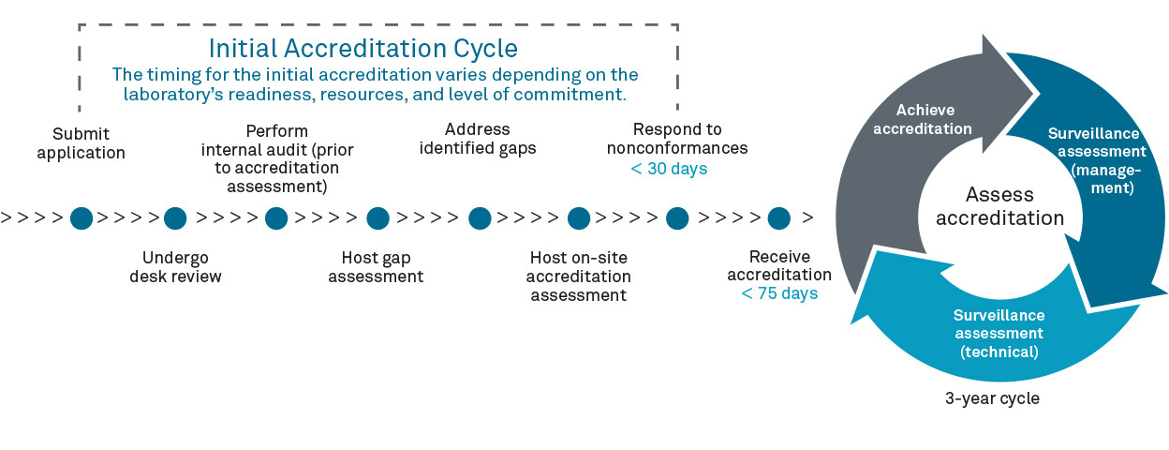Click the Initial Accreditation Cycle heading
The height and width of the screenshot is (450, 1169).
point(363,48)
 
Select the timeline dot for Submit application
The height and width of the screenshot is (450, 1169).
point(81,218)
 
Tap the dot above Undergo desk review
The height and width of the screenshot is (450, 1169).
point(175,218)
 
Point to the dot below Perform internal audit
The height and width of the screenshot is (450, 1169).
point(276,218)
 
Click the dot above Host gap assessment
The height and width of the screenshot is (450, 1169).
point(377,218)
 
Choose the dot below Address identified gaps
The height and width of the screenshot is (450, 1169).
point(480,218)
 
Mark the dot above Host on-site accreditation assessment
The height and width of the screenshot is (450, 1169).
point(579,218)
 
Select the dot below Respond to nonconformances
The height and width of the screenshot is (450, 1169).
point(677,218)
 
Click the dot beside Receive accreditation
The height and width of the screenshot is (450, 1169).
point(779,218)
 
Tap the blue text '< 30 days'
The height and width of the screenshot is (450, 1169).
point(669,169)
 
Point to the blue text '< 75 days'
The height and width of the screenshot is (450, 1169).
point(779,293)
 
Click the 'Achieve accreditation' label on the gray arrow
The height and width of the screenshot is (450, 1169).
point(923,119)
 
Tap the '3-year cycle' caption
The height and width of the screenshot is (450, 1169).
point(992,398)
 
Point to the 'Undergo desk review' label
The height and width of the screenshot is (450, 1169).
point(175,267)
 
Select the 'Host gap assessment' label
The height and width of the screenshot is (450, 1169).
point(376,267)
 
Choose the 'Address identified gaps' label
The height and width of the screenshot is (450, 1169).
point(478,139)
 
